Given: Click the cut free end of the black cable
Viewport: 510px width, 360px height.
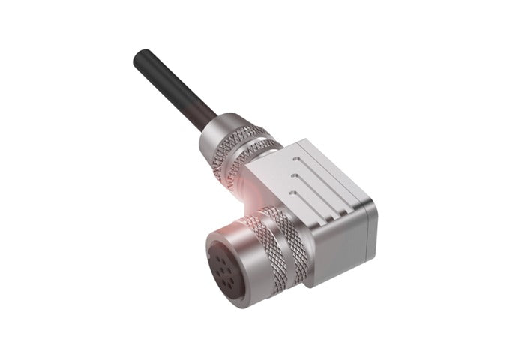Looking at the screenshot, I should point(139,57).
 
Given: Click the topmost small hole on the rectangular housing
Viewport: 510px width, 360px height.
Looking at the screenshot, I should point(299,160).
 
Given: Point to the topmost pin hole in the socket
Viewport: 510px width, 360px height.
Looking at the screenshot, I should point(222,254).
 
